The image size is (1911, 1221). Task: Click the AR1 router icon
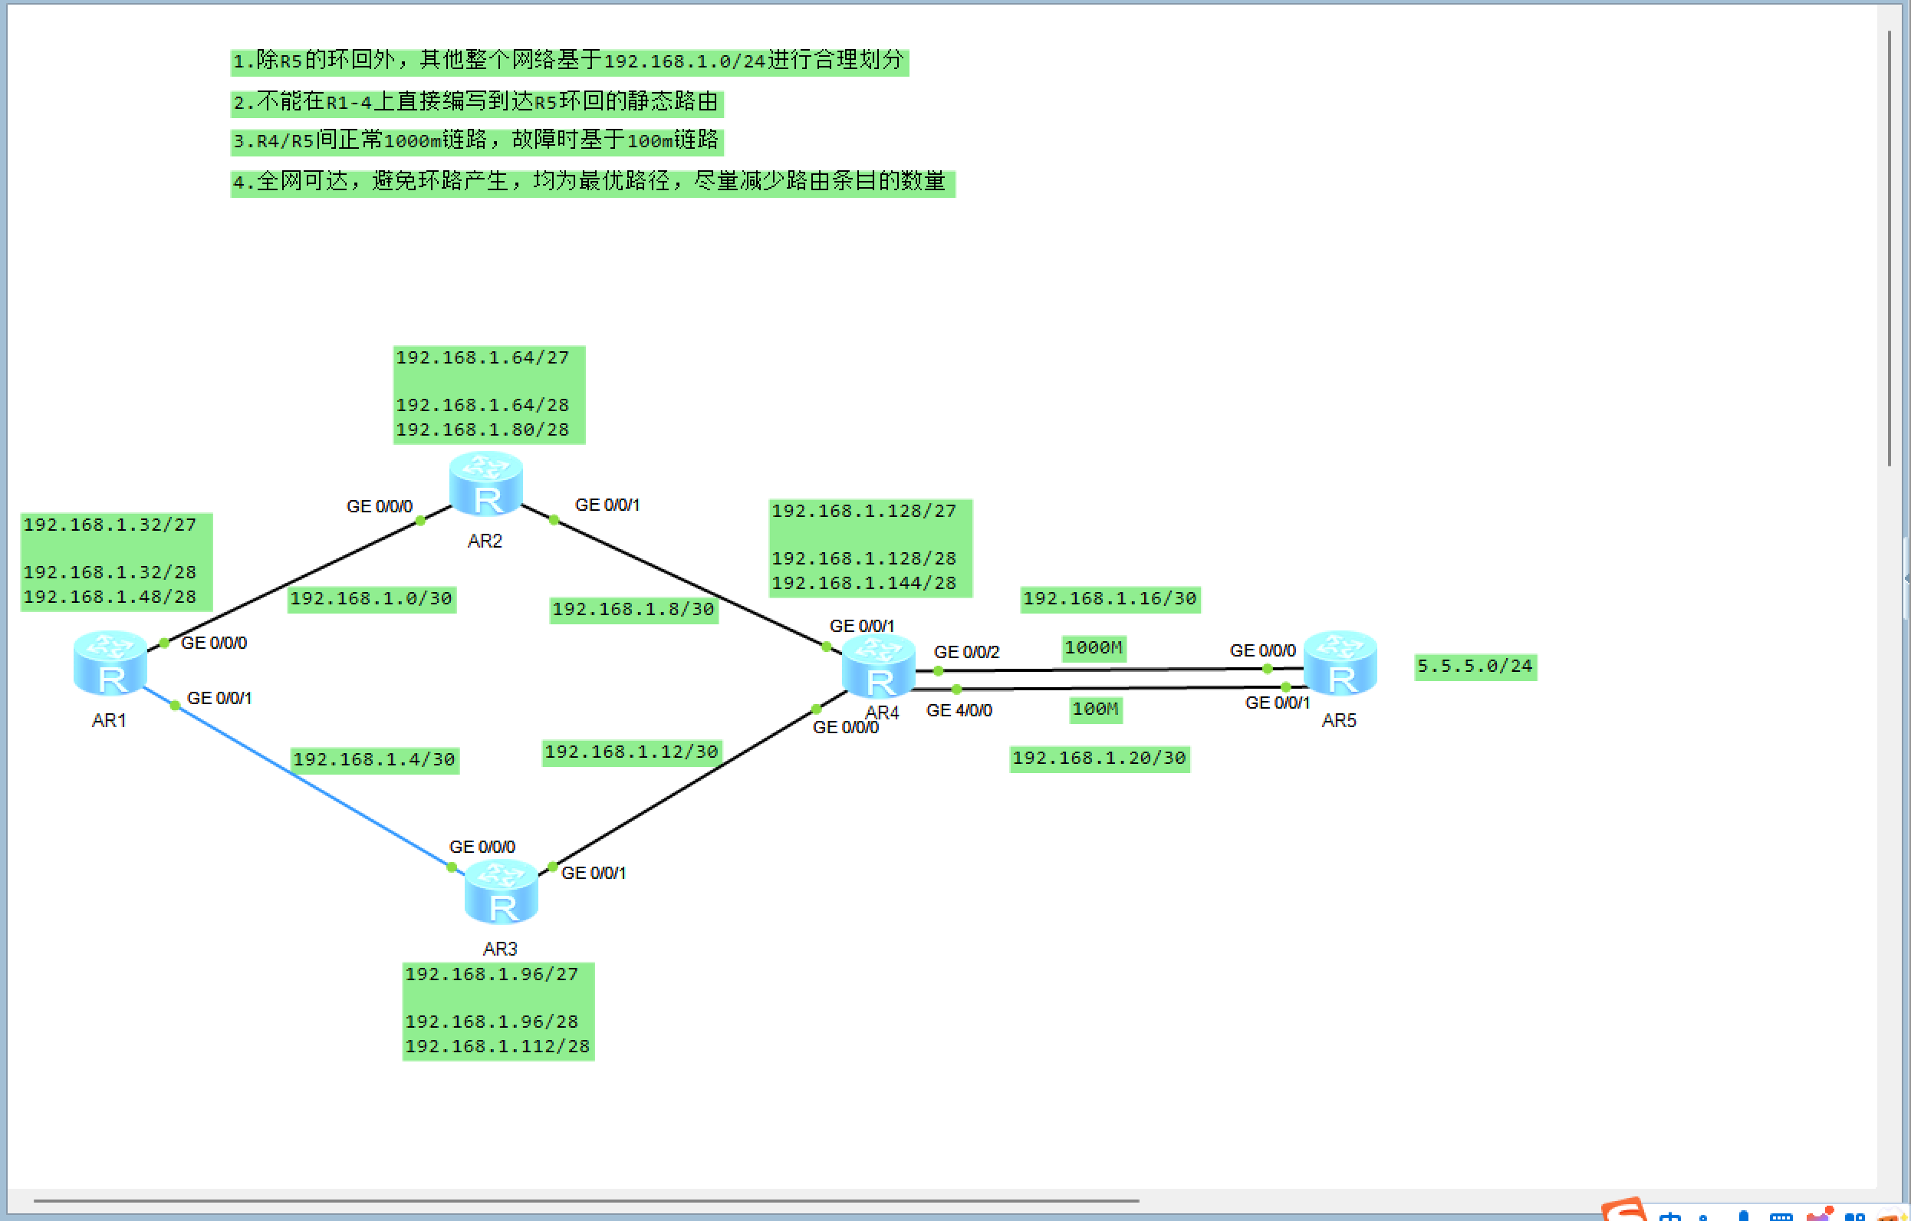pyautogui.click(x=110, y=663)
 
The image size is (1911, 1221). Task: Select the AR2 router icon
pyautogui.click(x=485, y=483)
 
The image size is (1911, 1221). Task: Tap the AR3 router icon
pyautogui.click(x=502, y=891)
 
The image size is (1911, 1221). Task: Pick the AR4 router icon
pyautogui.click(x=879, y=666)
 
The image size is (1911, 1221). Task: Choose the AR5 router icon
pyautogui.click(x=1340, y=663)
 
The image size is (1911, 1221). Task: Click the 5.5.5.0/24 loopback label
pyautogui.click(x=1475, y=666)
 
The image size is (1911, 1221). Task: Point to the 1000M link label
pyautogui.click(x=1094, y=648)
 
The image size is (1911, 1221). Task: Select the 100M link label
pyautogui.click(x=1095, y=709)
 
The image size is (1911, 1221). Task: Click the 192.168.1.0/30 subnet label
pyautogui.click(x=370, y=598)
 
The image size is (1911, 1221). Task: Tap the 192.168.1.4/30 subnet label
pyautogui.click(x=374, y=760)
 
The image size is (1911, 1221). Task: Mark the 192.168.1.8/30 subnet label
pyautogui.click(x=633, y=610)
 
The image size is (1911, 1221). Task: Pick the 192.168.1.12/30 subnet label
pyautogui.click(x=632, y=752)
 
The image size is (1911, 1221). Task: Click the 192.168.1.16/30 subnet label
pyautogui.click(x=1110, y=598)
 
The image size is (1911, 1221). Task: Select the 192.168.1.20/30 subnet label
pyautogui.click(x=1099, y=759)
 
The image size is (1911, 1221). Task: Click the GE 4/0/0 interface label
pyautogui.click(x=959, y=710)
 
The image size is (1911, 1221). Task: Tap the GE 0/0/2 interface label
pyautogui.click(x=965, y=652)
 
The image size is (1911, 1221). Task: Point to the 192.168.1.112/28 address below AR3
pyautogui.click(x=498, y=1046)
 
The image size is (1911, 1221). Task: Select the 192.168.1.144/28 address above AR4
pyautogui.click(x=863, y=584)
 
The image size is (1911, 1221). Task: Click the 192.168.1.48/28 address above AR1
pyautogui.click(x=110, y=597)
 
